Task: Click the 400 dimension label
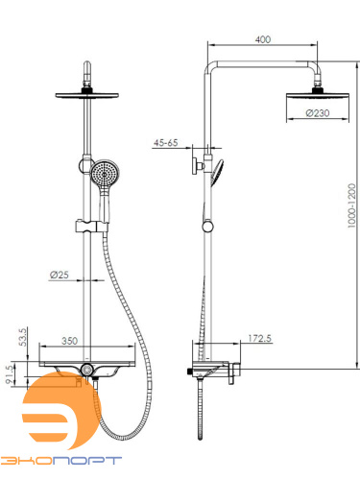(263, 39)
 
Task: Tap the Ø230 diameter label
(318, 113)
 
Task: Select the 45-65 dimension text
(165, 143)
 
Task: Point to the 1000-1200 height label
(351, 205)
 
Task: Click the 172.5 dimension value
(260, 338)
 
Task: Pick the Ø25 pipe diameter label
(60, 275)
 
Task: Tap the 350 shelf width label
(69, 341)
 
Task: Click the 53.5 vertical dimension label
(23, 337)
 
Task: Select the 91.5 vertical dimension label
(10, 374)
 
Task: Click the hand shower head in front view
(105, 174)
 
